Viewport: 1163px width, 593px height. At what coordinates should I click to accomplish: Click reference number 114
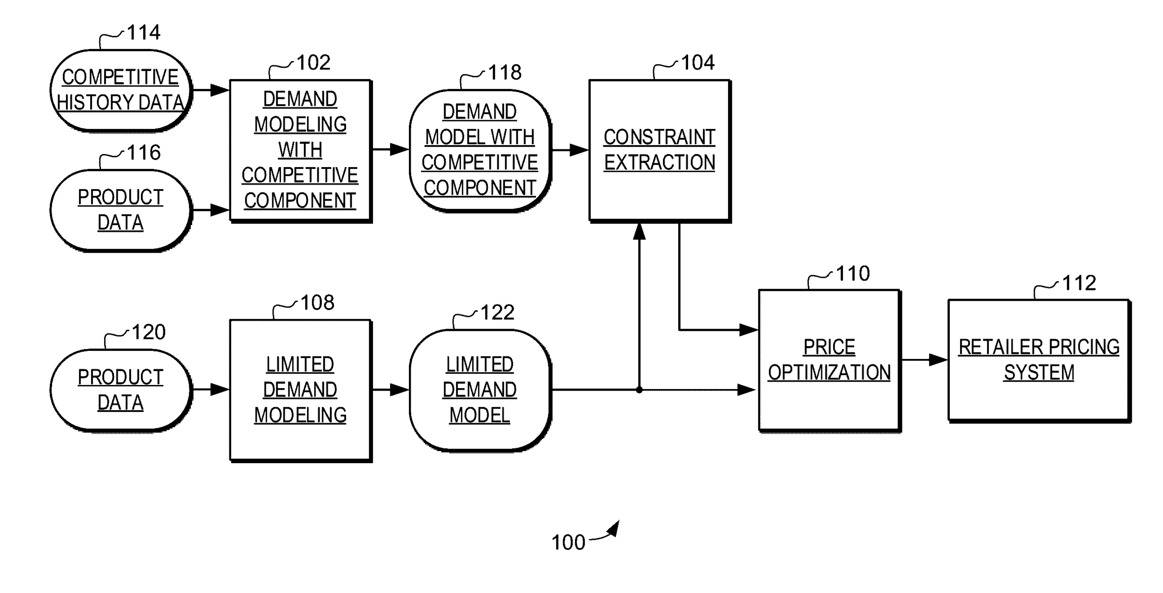[143, 33]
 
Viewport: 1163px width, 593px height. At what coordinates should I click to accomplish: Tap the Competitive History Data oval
[120, 90]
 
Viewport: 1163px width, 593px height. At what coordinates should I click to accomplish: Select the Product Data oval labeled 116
[120, 209]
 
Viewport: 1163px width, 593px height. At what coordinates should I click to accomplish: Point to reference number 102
[313, 62]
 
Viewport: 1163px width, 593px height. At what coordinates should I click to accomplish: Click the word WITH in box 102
[300, 150]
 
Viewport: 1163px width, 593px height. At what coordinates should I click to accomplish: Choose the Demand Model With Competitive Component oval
[480, 150]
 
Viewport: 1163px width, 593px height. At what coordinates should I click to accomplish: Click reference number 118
[505, 73]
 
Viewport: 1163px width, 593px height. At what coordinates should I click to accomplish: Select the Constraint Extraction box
[659, 150]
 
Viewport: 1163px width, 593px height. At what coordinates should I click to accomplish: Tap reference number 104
[698, 62]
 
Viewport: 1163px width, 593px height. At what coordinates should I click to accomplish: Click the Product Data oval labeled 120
[120, 390]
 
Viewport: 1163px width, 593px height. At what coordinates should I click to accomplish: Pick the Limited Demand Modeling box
[300, 390]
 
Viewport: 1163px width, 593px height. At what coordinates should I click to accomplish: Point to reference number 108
[317, 303]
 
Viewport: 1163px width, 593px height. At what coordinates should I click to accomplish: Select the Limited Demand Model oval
[480, 390]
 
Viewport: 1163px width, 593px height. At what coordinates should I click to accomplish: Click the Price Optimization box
[829, 360]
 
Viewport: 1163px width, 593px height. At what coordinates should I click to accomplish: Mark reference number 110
[853, 274]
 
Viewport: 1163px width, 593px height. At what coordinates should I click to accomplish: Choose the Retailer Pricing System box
[1039, 360]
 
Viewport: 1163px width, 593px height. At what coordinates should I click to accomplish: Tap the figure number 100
[568, 543]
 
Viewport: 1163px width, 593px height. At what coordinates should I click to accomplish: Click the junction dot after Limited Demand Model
[639, 390]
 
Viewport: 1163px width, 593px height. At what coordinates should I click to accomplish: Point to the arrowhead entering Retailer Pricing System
[938, 360]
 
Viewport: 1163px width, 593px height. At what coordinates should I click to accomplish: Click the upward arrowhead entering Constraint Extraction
[640, 231]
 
